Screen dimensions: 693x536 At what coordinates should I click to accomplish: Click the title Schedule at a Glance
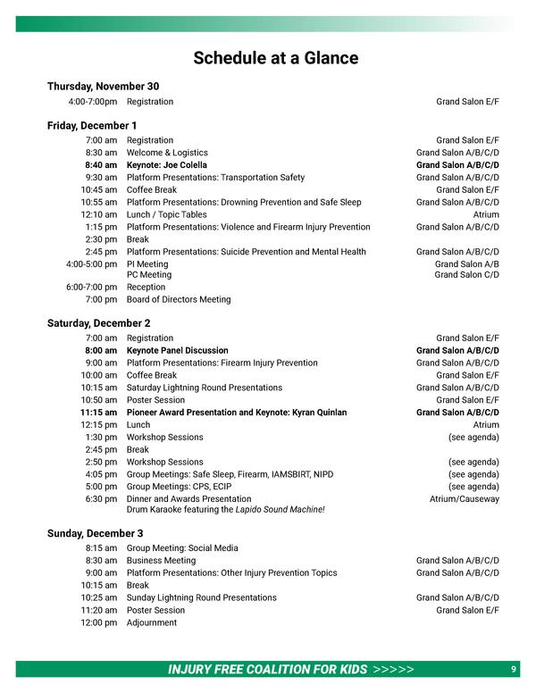[276, 59]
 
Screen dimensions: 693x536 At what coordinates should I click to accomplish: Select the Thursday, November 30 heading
[103, 87]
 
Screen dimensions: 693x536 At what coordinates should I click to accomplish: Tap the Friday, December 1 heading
[92, 126]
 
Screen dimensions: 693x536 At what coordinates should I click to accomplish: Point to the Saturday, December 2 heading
[98, 323]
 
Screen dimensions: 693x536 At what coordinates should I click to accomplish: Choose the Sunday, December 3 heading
[95, 533]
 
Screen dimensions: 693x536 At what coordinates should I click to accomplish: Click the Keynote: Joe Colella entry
[166, 165]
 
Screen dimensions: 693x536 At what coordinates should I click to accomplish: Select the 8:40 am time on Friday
[101, 165]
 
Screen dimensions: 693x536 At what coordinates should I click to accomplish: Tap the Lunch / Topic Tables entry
[166, 215]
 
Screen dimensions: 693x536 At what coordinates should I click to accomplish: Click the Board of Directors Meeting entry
[179, 300]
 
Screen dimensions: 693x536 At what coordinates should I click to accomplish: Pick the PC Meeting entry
[149, 275]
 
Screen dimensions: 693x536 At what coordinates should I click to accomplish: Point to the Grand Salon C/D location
[466, 275]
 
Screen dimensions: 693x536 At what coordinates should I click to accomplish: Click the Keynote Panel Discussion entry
[177, 351]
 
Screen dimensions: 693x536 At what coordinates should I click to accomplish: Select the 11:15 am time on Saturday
[98, 413]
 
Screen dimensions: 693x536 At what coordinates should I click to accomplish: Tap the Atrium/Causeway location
[464, 499]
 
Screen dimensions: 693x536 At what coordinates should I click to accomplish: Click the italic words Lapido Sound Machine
[280, 510]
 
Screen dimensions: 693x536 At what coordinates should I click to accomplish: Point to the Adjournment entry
[152, 623]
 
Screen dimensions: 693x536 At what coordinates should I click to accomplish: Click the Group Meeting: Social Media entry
[182, 548]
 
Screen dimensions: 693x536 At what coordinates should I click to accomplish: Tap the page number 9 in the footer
[514, 670]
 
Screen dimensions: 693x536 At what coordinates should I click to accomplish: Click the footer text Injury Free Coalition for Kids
[267, 670]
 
